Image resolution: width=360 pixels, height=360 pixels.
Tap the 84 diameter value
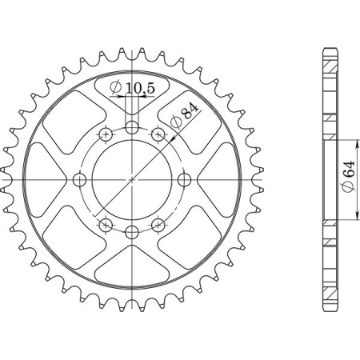[x=186, y=113]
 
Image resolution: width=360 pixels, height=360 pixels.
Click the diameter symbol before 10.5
[x=115, y=86]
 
